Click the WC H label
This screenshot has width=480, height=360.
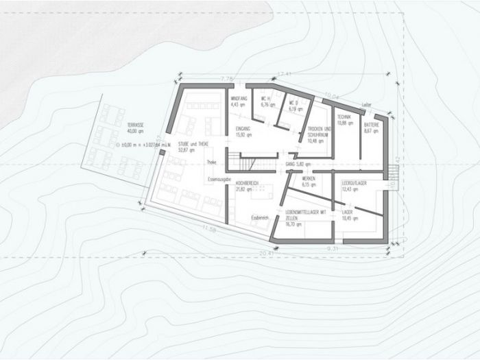point(267,104)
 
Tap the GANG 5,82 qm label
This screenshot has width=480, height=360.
point(298,165)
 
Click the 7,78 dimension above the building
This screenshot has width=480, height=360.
point(227,79)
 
